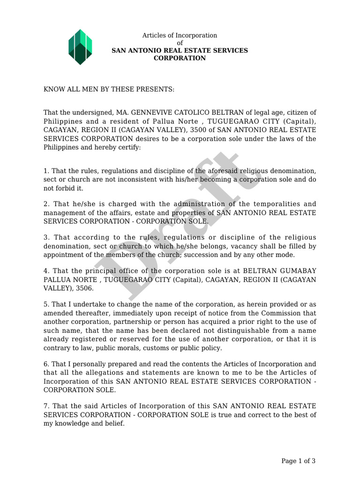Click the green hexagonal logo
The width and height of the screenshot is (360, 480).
(x=80, y=47)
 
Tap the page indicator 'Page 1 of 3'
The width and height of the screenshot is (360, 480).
(x=298, y=461)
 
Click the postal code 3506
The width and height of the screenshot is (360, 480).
(x=85, y=288)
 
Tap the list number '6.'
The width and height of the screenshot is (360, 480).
(x=46, y=364)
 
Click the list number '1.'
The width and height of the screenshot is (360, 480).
(x=46, y=171)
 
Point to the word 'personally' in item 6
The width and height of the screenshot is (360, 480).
(x=87, y=364)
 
